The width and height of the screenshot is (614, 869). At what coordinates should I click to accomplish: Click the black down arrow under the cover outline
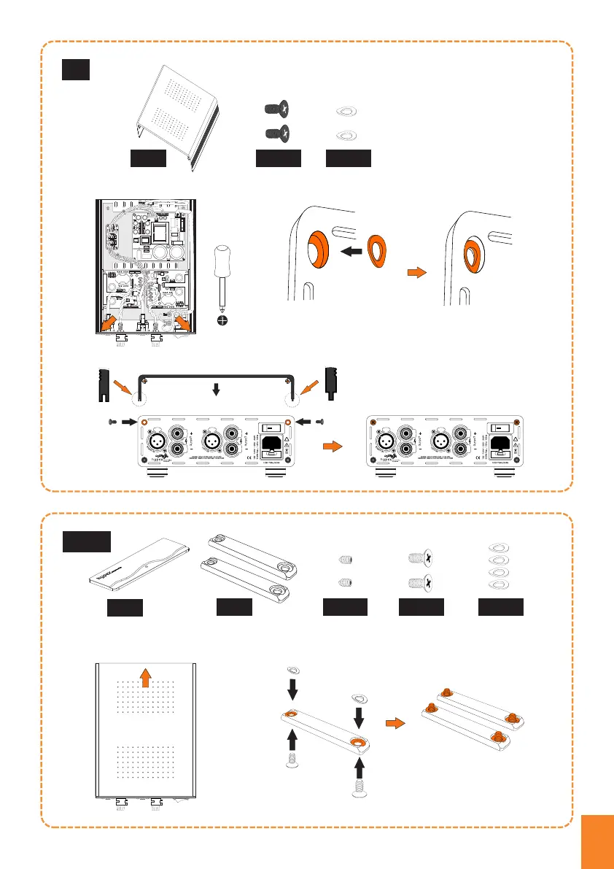tap(215, 390)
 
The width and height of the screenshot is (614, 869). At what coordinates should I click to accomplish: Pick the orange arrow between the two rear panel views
tap(333, 446)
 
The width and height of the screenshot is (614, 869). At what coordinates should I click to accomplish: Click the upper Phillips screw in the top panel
tap(277, 109)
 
